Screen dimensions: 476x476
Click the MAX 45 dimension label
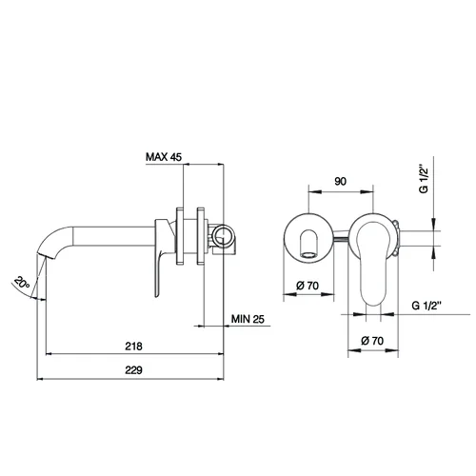[x=164, y=157]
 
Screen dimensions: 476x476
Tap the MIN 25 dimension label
[x=248, y=319]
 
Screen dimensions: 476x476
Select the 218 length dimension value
[x=133, y=347]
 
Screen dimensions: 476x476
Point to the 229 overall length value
[x=133, y=370]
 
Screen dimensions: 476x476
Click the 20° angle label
[x=22, y=282]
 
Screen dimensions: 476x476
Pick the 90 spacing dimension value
[x=341, y=182]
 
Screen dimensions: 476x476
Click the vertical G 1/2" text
[x=424, y=178]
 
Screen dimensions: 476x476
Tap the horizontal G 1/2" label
[x=426, y=306]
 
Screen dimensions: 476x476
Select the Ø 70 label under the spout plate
[x=307, y=286]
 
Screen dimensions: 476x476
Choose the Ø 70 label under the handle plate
[x=372, y=341]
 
